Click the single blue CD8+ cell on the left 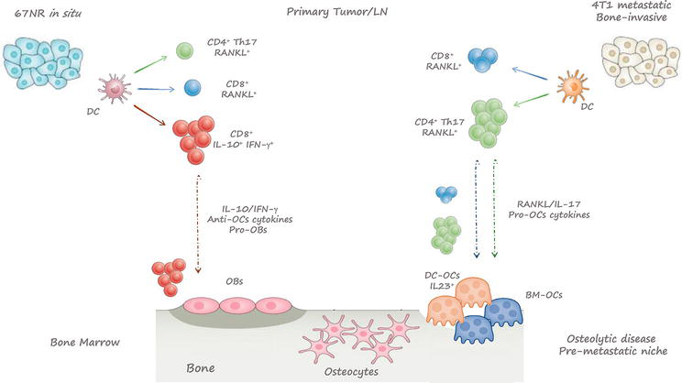[193, 89]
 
